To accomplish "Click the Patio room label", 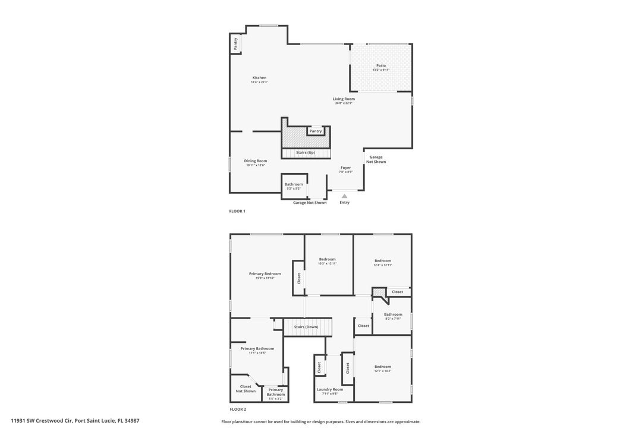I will tap(381, 65).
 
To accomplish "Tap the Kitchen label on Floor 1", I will tap(259, 78).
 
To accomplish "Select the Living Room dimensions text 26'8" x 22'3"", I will tap(344, 103).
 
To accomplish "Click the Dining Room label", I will tap(256, 160).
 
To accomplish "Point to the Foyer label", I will tap(345, 168).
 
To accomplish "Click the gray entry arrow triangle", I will tap(344, 196).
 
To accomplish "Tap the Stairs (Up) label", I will tap(306, 153).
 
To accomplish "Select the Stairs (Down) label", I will tap(306, 327).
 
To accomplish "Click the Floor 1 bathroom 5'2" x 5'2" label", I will tap(294, 184).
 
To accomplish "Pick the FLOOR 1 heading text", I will tap(237, 211).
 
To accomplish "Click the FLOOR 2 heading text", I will tap(238, 410).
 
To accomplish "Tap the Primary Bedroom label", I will tap(265, 274).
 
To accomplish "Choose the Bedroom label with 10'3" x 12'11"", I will tap(328, 259).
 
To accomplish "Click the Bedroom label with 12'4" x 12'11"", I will tap(383, 260).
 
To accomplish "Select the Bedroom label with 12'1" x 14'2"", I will tap(383, 367).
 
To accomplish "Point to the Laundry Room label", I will tap(330, 389).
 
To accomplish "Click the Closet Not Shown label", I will tap(246, 389).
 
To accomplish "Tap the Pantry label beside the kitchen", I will tap(236, 43).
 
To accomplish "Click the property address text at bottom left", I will tap(75, 421).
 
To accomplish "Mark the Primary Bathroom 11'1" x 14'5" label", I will tap(257, 349).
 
